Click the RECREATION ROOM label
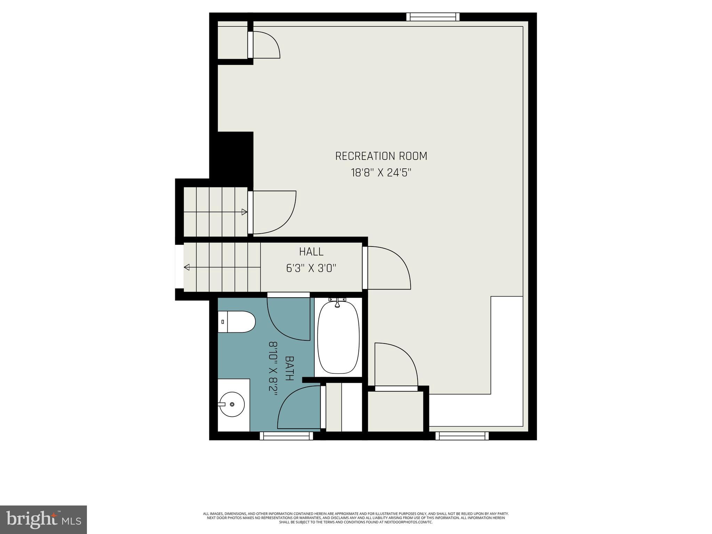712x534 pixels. (x=381, y=156)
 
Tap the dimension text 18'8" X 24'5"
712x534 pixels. (x=381, y=173)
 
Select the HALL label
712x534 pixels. (x=311, y=251)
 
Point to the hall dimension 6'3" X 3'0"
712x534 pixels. (x=311, y=268)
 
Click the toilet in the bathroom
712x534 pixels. (x=237, y=322)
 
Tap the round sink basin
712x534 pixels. (x=232, y=404)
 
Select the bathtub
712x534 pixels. (x=338, y=337)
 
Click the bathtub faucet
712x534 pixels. (x=337, y=303)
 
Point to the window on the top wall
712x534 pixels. (x=433, y=17)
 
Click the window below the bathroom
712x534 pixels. (x=286, y=436)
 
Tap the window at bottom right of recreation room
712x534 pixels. (x=462, y=436)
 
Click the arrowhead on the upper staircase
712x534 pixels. (x=244, y=212)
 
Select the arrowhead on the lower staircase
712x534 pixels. (x=187, y=267)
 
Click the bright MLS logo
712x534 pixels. (x=43, y=519)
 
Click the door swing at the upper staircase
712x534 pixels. (x=274, y=212)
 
